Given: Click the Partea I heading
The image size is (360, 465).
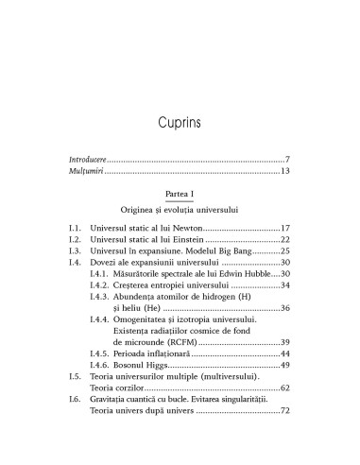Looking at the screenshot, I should click(180, 219).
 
